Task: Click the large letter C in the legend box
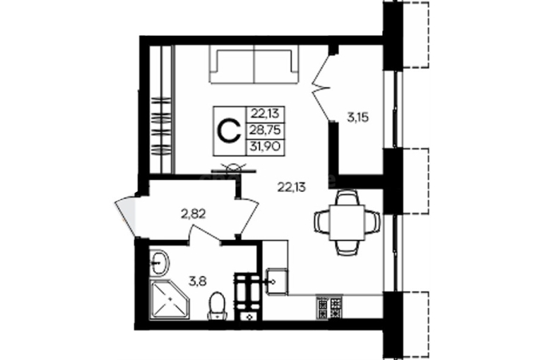tap(229, 131)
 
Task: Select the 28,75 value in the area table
tap(266, 131)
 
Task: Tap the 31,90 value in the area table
tap(266, 147)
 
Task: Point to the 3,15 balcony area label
tap(358, 118)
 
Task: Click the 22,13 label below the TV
tap(291, 187)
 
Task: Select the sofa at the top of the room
tap(254, 65)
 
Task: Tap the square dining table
tap(347, 222)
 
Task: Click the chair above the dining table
tap(348, 198)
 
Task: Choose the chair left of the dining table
tap(321, 222)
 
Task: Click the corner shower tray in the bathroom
tap(170, 300)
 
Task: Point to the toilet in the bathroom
tap(217, 306)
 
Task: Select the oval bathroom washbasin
tap(159, 263)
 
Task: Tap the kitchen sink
tap(276, 282)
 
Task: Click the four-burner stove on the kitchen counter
tap(329, 306)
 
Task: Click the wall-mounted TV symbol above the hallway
tap(234, 168)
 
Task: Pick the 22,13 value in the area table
tap(266, 114)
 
